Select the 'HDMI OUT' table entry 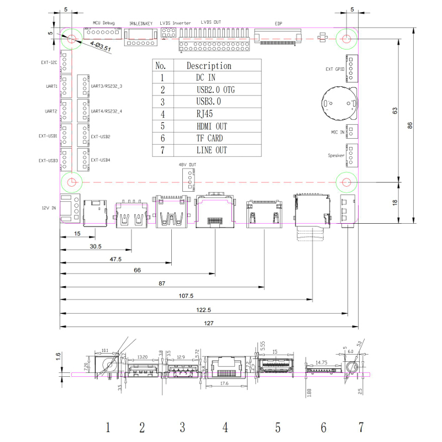click(211, 126)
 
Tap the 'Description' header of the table click(209, 66)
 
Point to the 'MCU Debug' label click(103, 23)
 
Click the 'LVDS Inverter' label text click(175, 23)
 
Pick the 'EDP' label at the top click(278, 23)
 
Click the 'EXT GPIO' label click(335, 69)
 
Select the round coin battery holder click(338, 102)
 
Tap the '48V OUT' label click(187, 164)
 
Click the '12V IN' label click(49, 208)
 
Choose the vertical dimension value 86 click(410, 125)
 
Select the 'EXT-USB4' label click(101, 160)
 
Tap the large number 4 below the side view click(225, 427)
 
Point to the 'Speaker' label click(336, 156)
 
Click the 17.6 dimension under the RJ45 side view click(224, 382)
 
